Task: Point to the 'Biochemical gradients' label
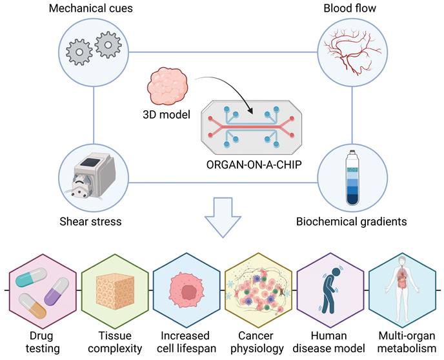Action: click(x=352, y=221)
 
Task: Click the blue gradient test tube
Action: click(x=352, y=176)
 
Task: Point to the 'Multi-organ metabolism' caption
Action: click(x=403, y=342)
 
